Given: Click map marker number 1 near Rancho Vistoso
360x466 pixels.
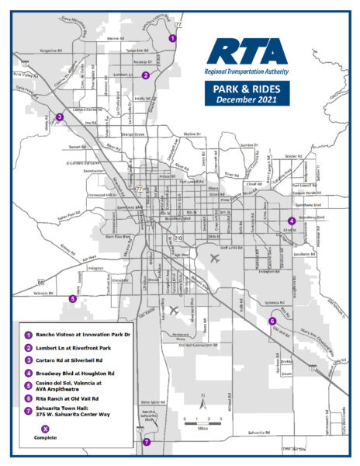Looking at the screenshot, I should pyautogui.click(x=172, y=37).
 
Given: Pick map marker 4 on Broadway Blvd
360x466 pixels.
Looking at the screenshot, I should pyautogui.click(x=291, y=220).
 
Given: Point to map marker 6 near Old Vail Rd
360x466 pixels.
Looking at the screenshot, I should pyautogui.click(x=272, y=321).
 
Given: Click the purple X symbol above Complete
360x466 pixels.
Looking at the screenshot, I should pyautogui.click(x=46, y=428).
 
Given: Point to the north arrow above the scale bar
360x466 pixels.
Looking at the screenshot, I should pyautogui.click(x=202, y=402).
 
